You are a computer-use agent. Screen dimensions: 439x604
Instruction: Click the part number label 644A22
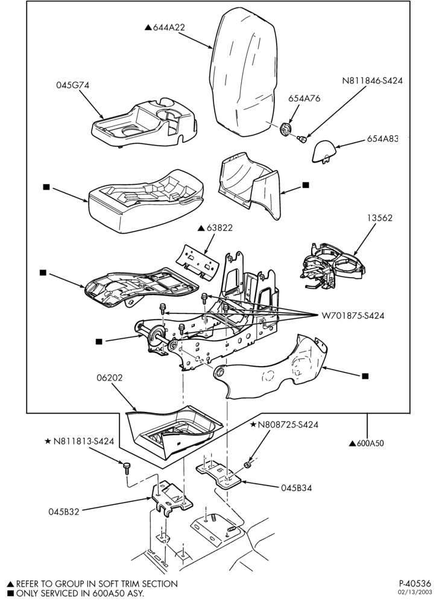pyautogui.click(x=169, y=27)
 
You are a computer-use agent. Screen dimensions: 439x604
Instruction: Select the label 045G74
pyautogui.click(x=72, y=85)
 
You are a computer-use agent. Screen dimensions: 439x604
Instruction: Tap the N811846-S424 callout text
pyautogui.click(x=372, y=81)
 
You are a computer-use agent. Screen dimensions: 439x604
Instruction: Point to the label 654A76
pyautogui.click(x=304, y=98)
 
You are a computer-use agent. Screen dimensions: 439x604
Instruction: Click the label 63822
pyautogui.click(x=219, y=228)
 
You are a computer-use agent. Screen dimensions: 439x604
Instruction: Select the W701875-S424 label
pyautogui.click(x=353, y=316)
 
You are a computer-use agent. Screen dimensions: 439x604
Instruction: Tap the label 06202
pyautogui.click(x=110, y=377)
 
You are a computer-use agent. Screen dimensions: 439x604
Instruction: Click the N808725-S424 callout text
pyautogui.click(x=288, y=425)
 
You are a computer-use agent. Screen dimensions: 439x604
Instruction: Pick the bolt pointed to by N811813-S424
pyautogui.click(x=126, y=467)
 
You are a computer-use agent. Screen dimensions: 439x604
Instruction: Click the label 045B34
pyautogui.click(x=296, y=487)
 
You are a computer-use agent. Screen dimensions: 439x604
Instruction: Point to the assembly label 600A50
pyautogui.click(x=370, y=443)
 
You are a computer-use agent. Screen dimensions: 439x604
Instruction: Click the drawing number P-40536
pyautogui.click(x=415, y=583)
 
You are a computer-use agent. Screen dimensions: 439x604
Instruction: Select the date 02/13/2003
pyautogui.click(x=415, y=593)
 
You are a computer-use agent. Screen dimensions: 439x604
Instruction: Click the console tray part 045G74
pyautogui.click(x=144, y=123)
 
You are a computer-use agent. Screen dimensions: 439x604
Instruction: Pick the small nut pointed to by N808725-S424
pyautogui.click(x=248, y=465)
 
